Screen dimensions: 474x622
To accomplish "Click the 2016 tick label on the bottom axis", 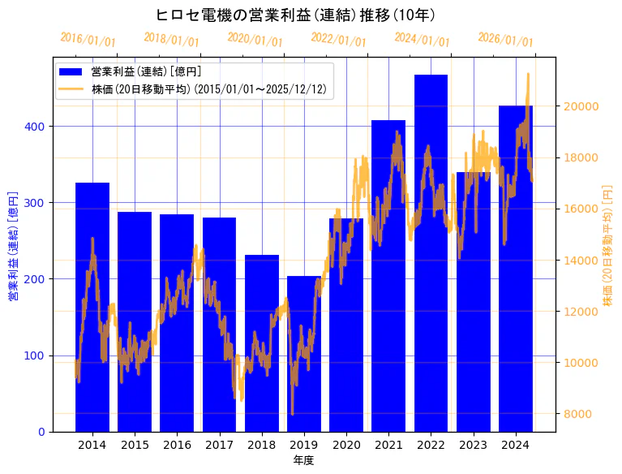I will point(177,445).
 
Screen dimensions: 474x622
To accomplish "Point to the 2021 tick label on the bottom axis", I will point(388,445).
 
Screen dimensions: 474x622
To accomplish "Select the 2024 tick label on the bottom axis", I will point(516,445).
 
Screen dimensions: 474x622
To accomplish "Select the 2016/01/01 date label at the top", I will point(88,40).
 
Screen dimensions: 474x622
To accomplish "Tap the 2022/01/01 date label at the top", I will point(338,40).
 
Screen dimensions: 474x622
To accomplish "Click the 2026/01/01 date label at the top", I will point(505,40).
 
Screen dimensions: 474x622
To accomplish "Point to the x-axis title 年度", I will point(303,460).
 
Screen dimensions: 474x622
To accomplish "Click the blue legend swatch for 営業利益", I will point(71,71).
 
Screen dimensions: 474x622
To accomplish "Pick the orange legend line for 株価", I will point(71,89).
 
